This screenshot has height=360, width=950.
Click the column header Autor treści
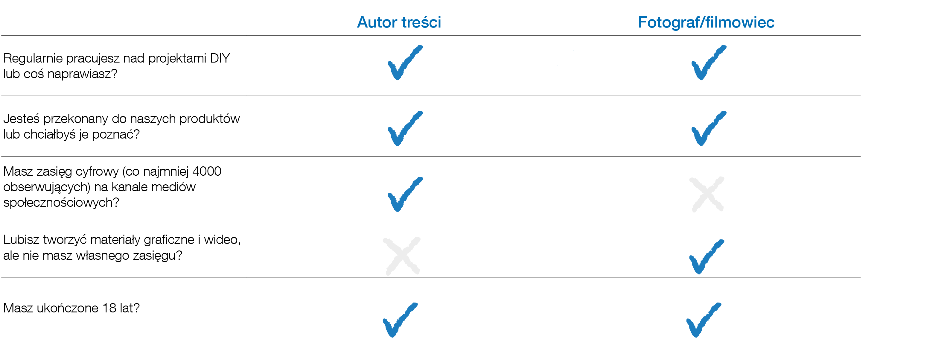[x=399, y=22]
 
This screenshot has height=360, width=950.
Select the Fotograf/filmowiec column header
[x=706, y=22]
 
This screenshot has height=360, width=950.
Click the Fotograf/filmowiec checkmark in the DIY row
[x=708, y=63]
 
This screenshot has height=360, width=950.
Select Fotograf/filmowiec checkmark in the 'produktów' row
[x=708, y=129]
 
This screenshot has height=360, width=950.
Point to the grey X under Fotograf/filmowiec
[x=707, y=195]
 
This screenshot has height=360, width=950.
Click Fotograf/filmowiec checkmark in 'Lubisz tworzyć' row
[x=706, y=257]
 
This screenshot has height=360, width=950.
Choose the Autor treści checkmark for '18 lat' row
[x=399, y=320]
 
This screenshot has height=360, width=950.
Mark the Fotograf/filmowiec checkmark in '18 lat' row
[x=703, y=320]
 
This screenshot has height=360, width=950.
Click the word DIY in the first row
[x=220, y=58]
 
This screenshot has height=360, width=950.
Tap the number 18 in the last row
[x=109, y=308]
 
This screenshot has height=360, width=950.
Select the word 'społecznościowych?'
[x=61, y=203]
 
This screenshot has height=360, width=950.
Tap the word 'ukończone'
[x=68, y=308]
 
